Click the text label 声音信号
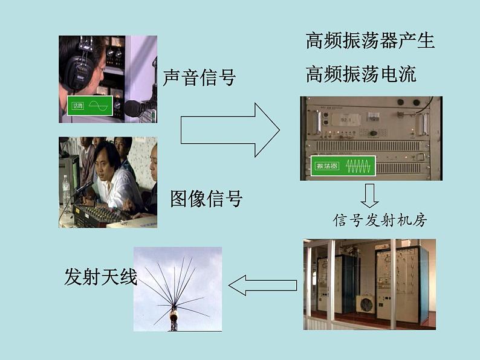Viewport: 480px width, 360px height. click(199, 77)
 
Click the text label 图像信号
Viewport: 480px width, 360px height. click(206, 198)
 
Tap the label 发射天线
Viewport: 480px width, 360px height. click(100, 277)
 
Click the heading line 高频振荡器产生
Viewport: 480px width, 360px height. click(370, 41)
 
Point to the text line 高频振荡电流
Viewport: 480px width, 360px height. click(361, 74)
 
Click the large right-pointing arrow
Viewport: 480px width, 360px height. click(230, 130)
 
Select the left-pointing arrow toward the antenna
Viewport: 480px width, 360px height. click(262, 284)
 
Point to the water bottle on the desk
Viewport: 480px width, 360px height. click(66, 189)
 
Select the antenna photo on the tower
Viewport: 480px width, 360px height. click(177, 289)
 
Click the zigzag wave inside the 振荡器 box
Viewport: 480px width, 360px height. click(357, 166)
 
